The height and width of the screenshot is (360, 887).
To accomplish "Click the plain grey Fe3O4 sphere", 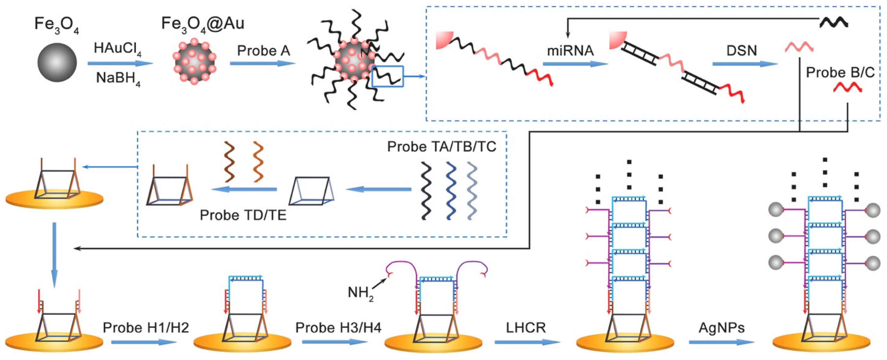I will pos(57,62).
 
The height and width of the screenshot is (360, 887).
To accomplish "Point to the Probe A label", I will pos(263,51).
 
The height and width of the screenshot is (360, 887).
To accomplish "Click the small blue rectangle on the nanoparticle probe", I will pos(387,76).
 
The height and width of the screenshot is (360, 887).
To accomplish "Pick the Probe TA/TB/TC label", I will pos(442,147).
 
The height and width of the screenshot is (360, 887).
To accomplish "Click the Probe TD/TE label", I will pos(243,215).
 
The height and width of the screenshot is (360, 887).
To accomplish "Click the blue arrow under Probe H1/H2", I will pos(144,342).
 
